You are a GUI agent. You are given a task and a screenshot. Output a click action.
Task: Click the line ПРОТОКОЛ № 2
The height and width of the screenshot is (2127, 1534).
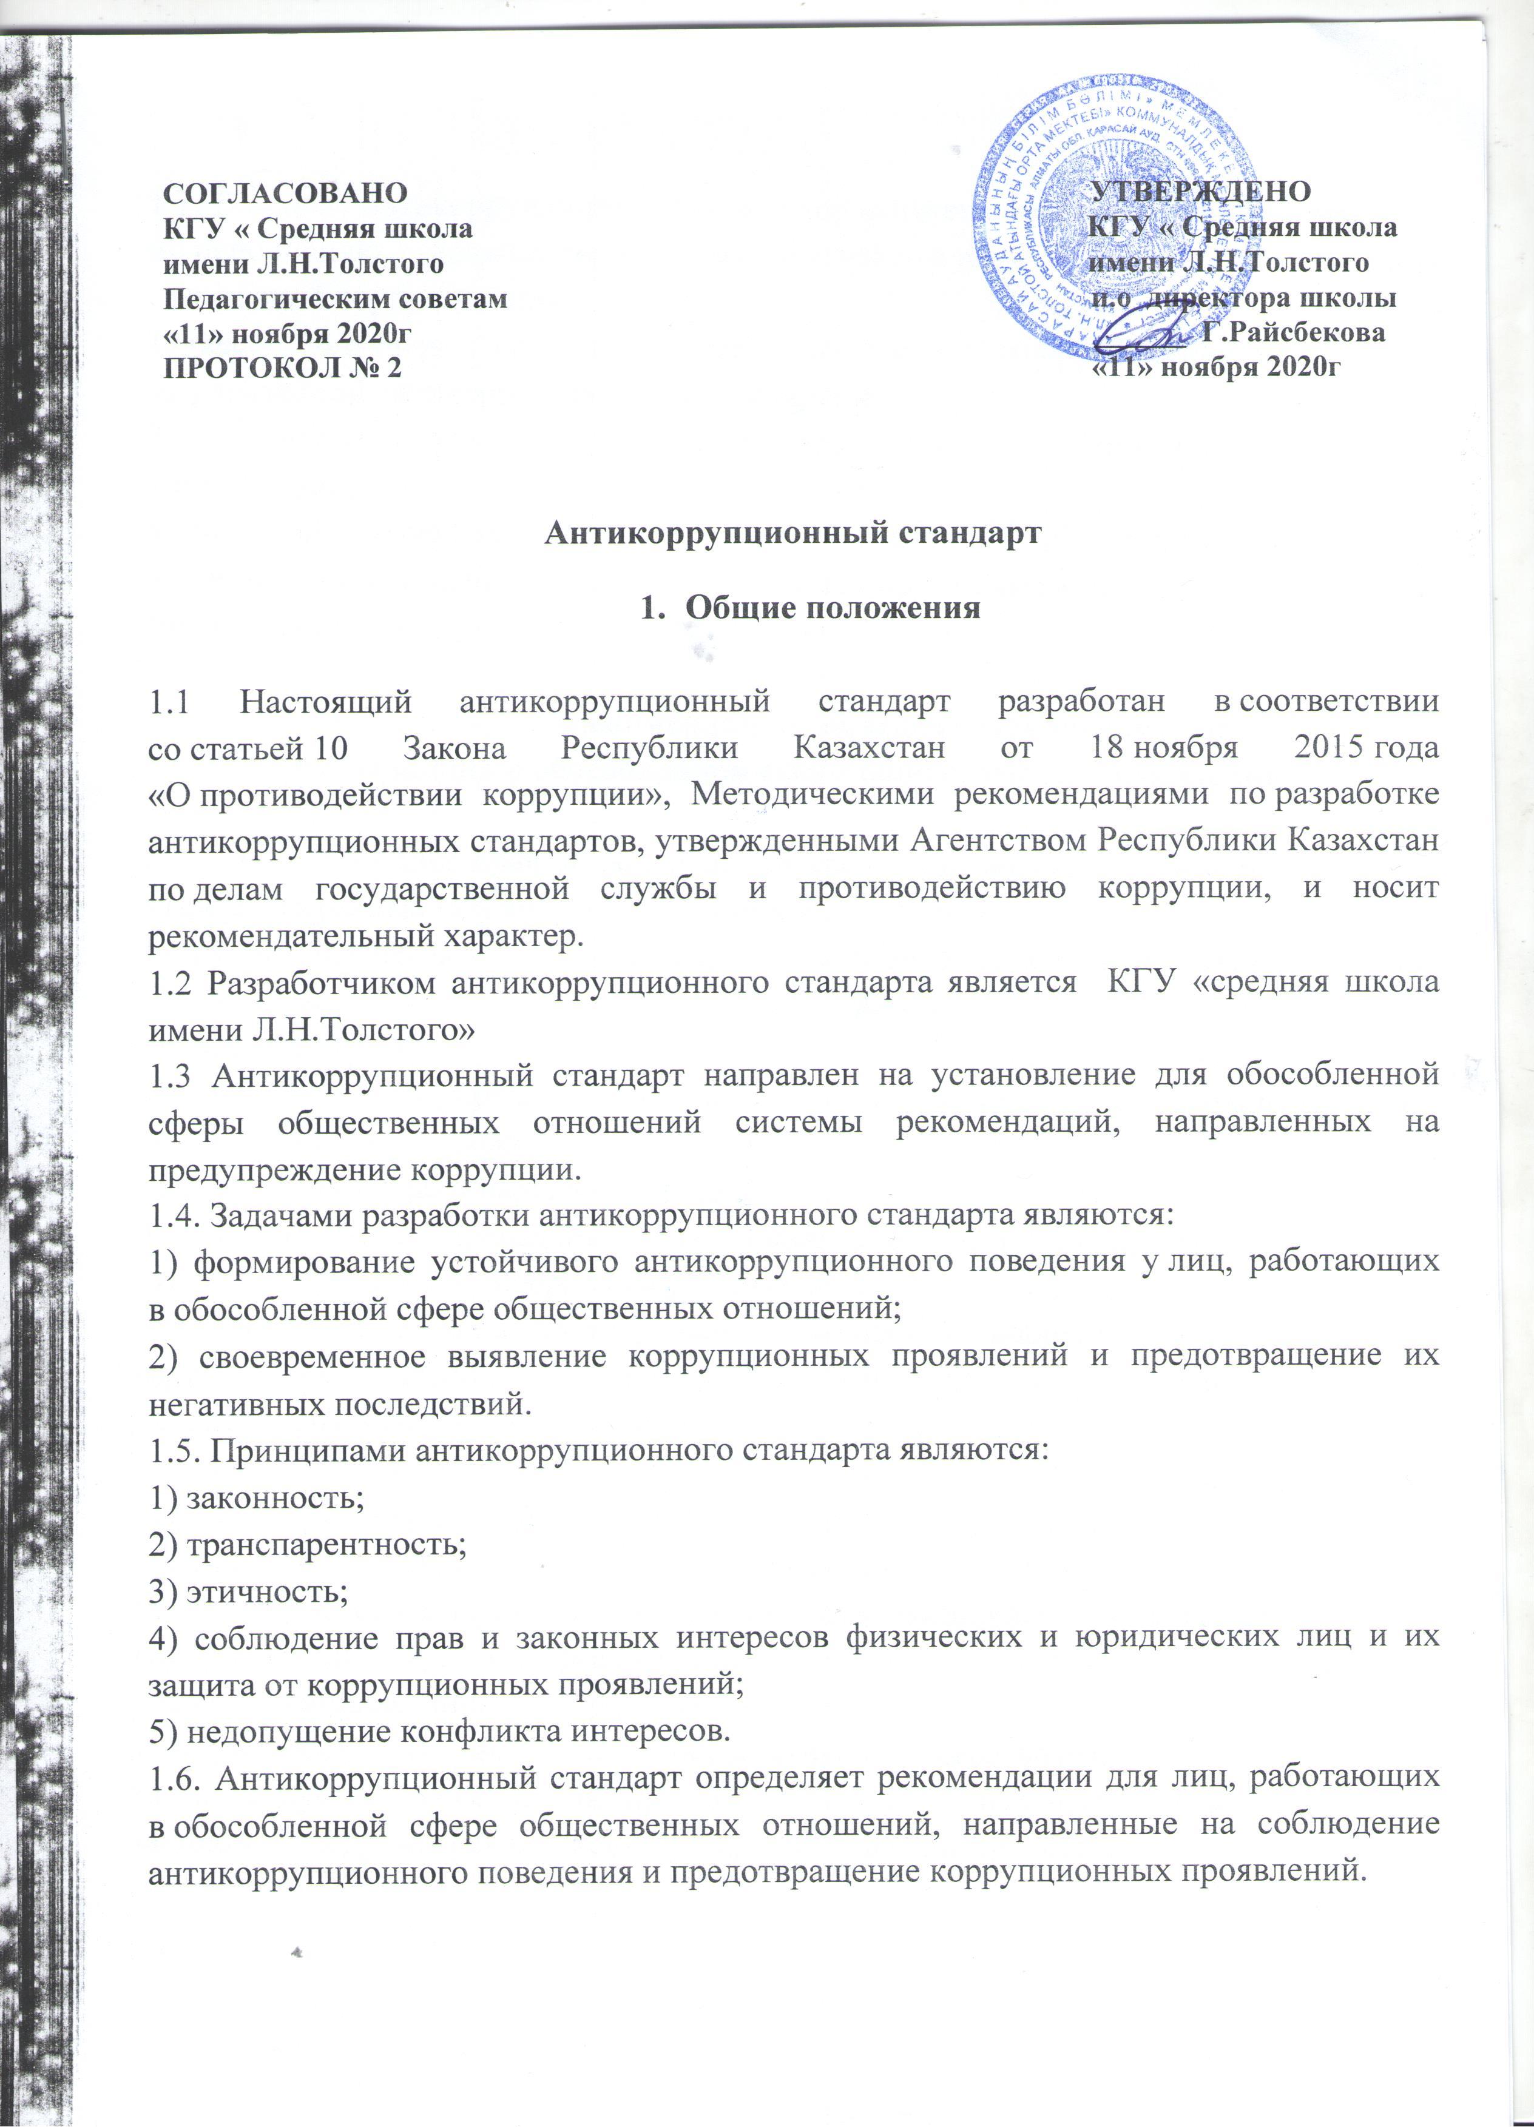[x=282, y=368]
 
